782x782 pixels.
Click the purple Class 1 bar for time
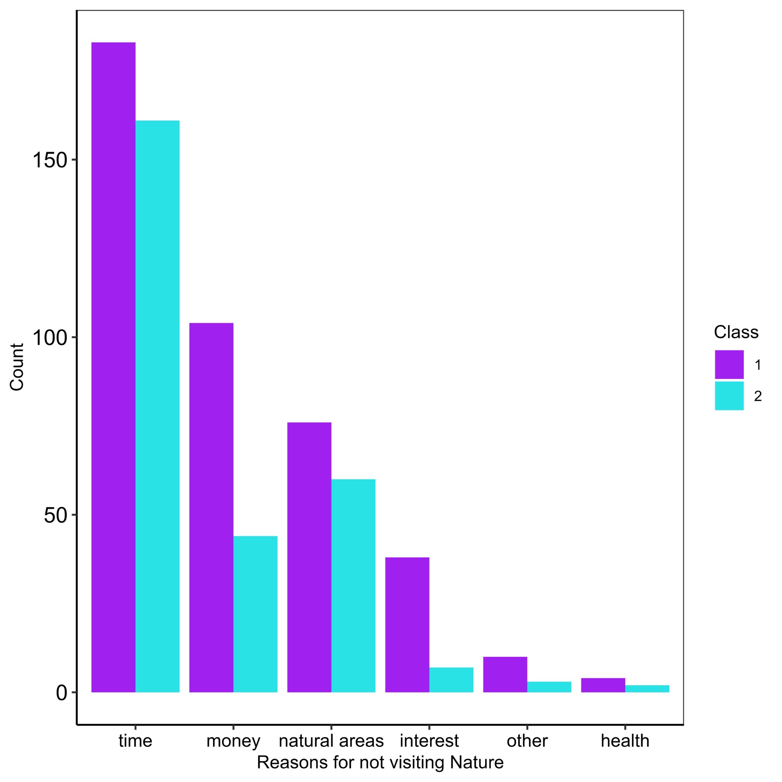(x=113, y=364)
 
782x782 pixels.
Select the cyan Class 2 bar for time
(x=158, y=405)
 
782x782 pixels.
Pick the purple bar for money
(x=211, y=506)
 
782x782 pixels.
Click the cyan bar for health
(x=647, y=689)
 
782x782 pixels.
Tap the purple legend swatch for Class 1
(x=729, y=364)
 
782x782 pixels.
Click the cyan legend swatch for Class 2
(x=729, y=396)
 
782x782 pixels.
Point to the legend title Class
(x=736, y=332)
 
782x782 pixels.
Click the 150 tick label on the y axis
(x=49, y=160)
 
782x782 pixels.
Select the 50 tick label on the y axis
(x=55, y=515)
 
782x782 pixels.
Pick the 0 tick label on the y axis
(x=61, y=693)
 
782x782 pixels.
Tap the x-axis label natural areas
(x=331, y=741)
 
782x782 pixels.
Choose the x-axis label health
(x=625, y=741)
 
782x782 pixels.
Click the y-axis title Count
(x=17, y=367)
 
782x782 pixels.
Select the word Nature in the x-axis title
(x=476, y=762)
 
